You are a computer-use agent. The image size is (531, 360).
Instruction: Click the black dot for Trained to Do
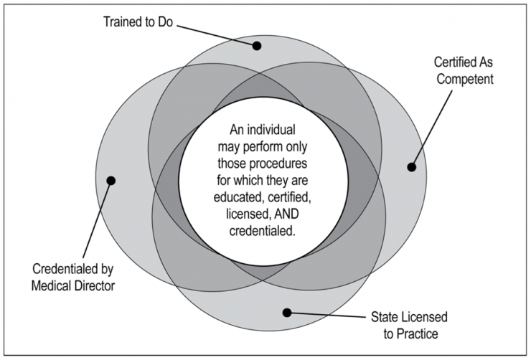pyautogui.click(x=256, y=45)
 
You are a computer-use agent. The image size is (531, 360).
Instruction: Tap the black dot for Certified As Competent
pyautogui.click(x=411, y=167)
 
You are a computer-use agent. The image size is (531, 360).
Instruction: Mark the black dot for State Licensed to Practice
pyautogui.click(x=287, y=312)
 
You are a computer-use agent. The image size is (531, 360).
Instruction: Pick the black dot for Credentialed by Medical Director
pyautogui.click(x=111, y=179)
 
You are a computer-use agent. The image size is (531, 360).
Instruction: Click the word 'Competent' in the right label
pyautogui.click(x=464, y=80)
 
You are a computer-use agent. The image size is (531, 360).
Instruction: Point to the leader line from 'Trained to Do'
pyautogui.click(x=215, y=34)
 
